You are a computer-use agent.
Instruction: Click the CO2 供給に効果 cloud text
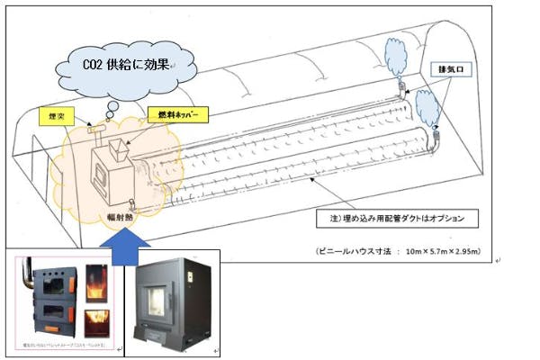point(127,66)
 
